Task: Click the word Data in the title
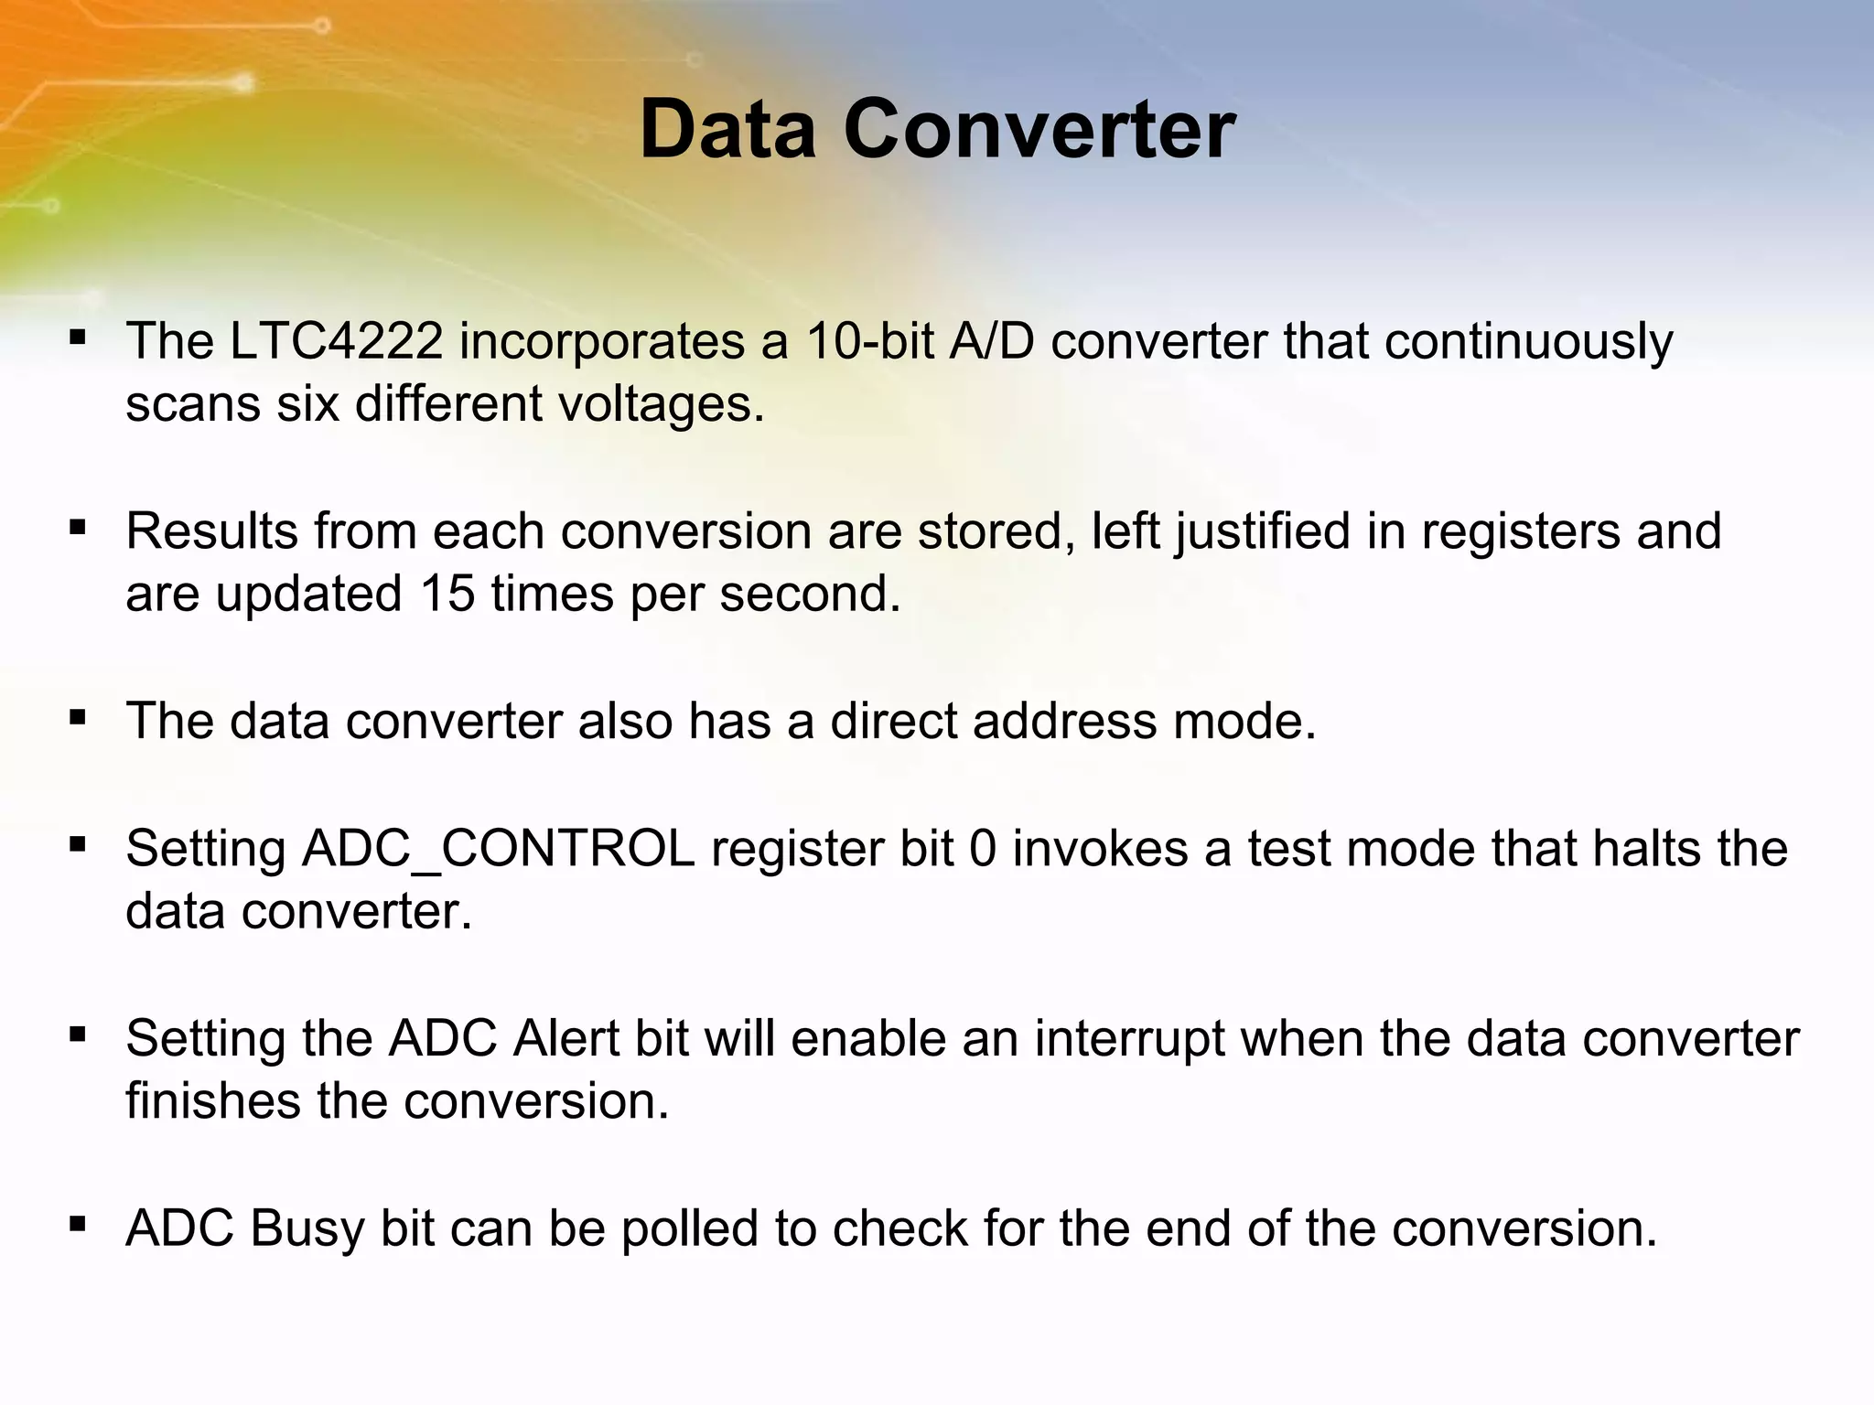pyautogui.click(x=727, y=130)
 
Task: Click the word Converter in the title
pyautogui.click(x=1039, y=130)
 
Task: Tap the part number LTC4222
pyautogui.click(x=335, y=341)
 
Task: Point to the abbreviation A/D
pyautogui.click(x=992, y=341)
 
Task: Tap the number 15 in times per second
pyautogui.click(x=447, y=594)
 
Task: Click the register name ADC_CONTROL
pyautogui.click(x=498, y=849)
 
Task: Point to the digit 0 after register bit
pyautogui.click(x=982, y=849)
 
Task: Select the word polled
pyautogui.click(x=691, y=1228)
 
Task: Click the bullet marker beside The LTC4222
pyautogui.click(x=78, y=338)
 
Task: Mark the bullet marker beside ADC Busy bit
pyautogui.click(x=78, y=1224)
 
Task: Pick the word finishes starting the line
pyautogui.click(x=213, y=1100)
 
